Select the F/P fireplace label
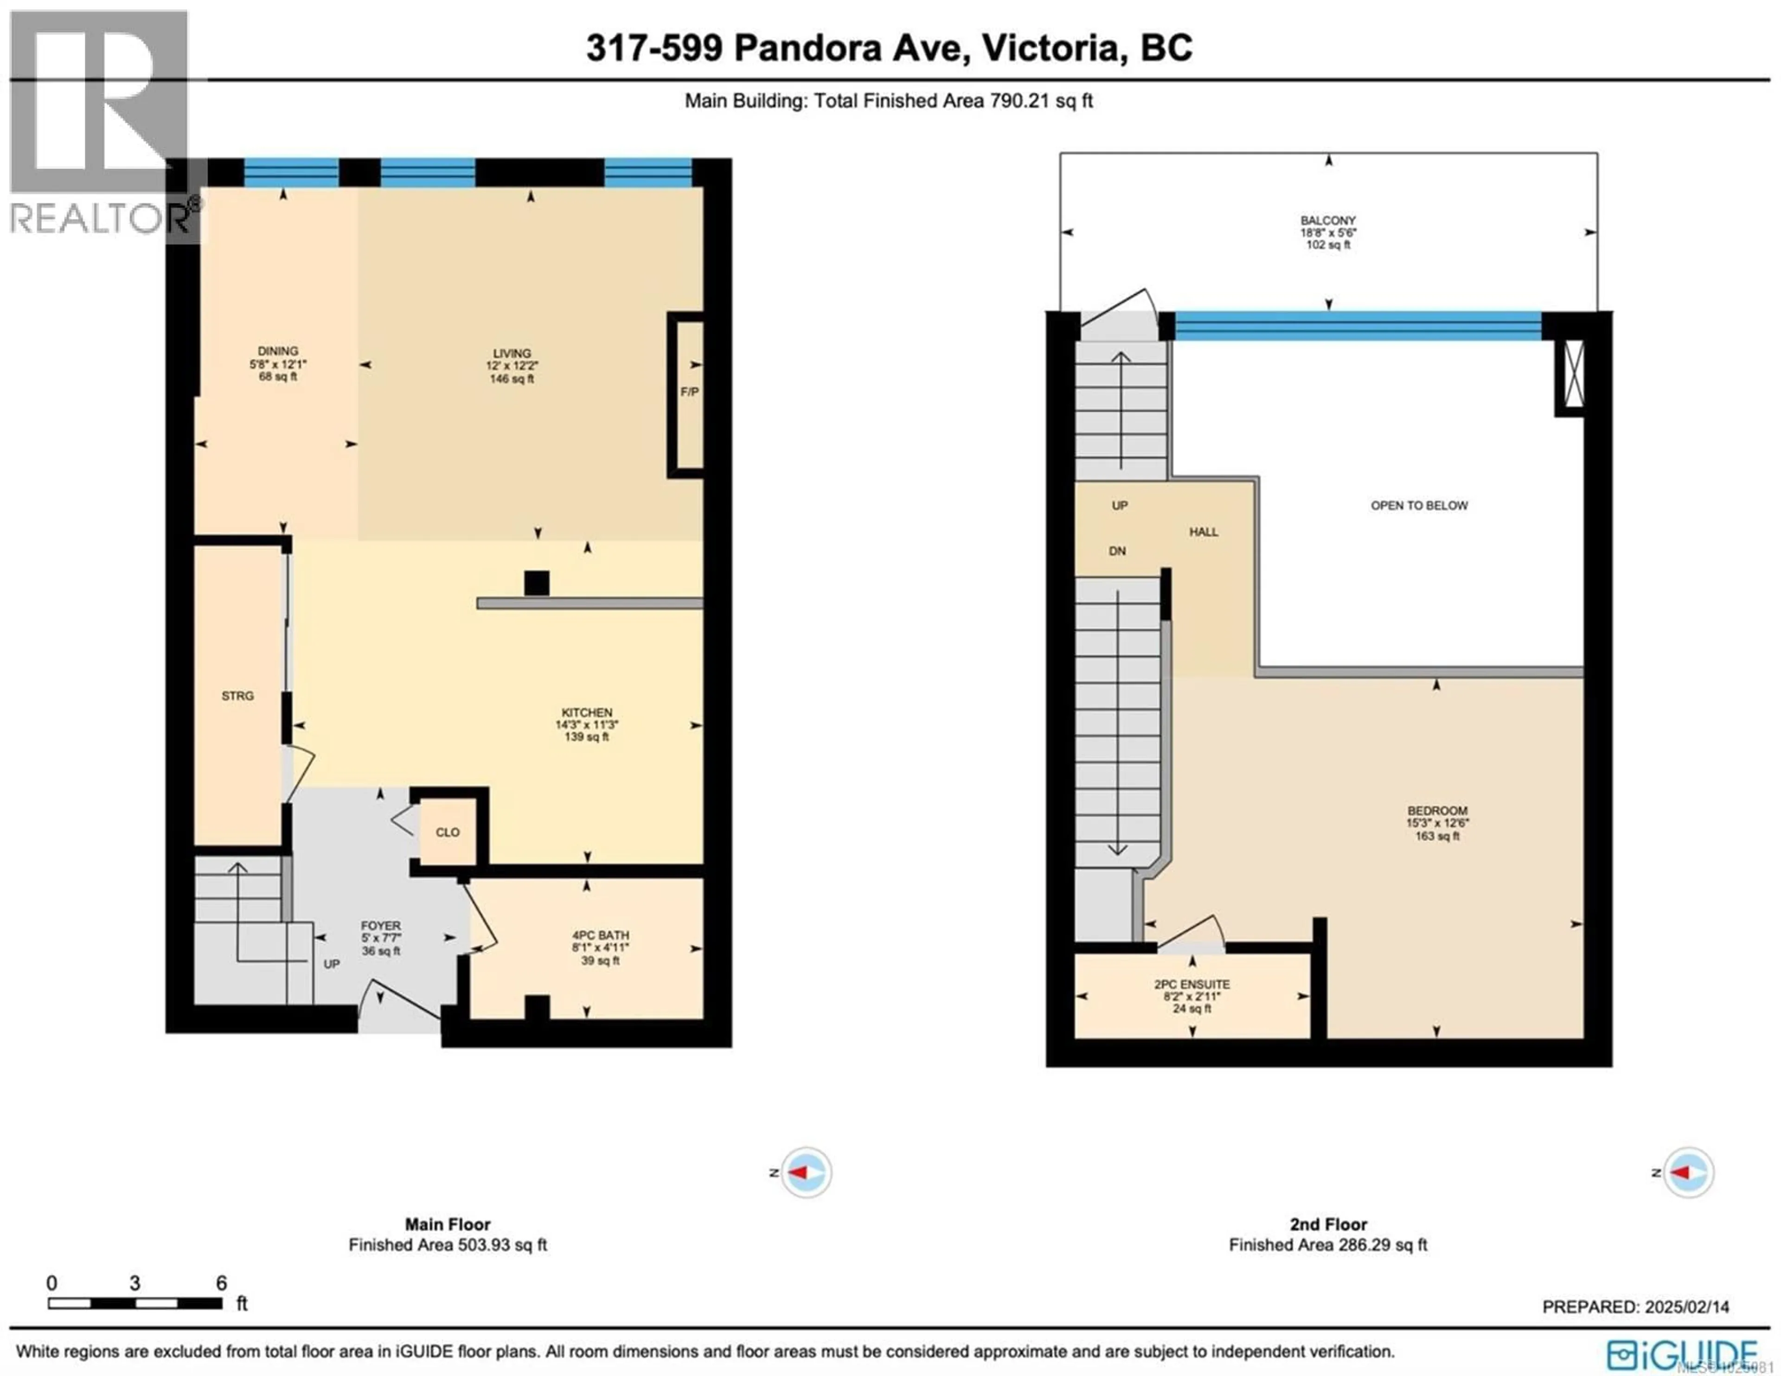pyautogui.click(x=689, y=391)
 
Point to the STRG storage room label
pyautogui.click(x=237, y=696)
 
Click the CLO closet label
pyautogui.click(x=447, y=832)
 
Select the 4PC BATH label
pyautogui.click(x=600, y=935)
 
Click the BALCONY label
pyautogui.click(x=1327, y=220)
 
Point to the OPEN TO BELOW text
pyautogui.click(x=1419, y=506)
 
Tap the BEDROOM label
pyautogui.click(x=1437, y=811)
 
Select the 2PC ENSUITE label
pyautogui.click(x=1192, y=985)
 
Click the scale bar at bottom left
pyautogui.click(x=135, y=1303)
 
